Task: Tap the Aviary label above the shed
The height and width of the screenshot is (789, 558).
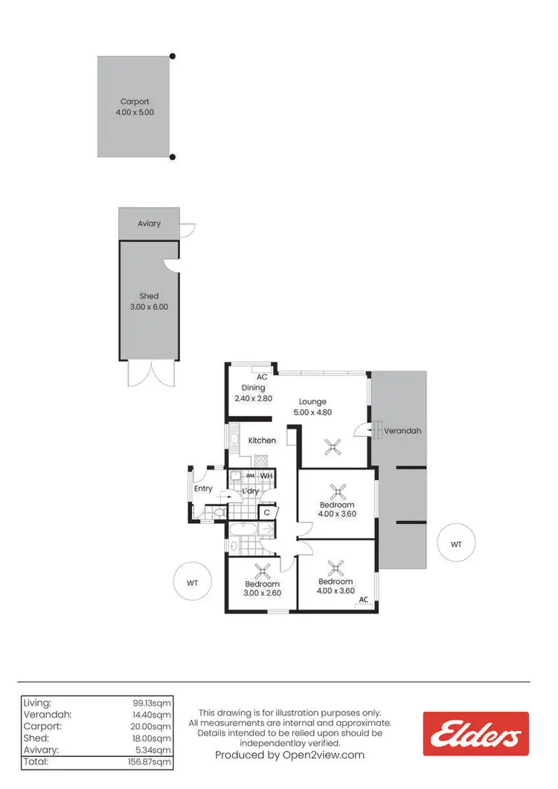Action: (149, 223)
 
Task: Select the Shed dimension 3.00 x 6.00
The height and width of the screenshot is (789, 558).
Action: (149, 306)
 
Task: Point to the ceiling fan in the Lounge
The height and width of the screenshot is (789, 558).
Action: (333, 447)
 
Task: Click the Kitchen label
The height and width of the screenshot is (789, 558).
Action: (262, 441)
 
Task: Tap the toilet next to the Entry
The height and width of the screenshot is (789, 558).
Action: (218, 513)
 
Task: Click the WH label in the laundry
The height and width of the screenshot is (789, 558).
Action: (266, 476)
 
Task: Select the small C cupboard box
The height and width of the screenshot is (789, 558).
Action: (266, 512)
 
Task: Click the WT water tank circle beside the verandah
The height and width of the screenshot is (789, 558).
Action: (456, 545)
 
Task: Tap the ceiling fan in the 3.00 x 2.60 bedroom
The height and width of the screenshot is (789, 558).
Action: (262, 572)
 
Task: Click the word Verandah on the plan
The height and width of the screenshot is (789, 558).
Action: (403, 431)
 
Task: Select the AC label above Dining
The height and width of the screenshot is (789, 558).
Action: (262, 377)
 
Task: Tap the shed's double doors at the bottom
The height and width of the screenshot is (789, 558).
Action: (150, 374)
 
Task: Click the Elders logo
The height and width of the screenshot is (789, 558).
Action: (475, 734)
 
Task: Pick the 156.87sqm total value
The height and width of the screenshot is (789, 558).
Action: (150, 761)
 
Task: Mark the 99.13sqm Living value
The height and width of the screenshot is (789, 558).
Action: (153, 702)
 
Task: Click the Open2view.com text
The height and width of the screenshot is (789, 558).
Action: (290, 755)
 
